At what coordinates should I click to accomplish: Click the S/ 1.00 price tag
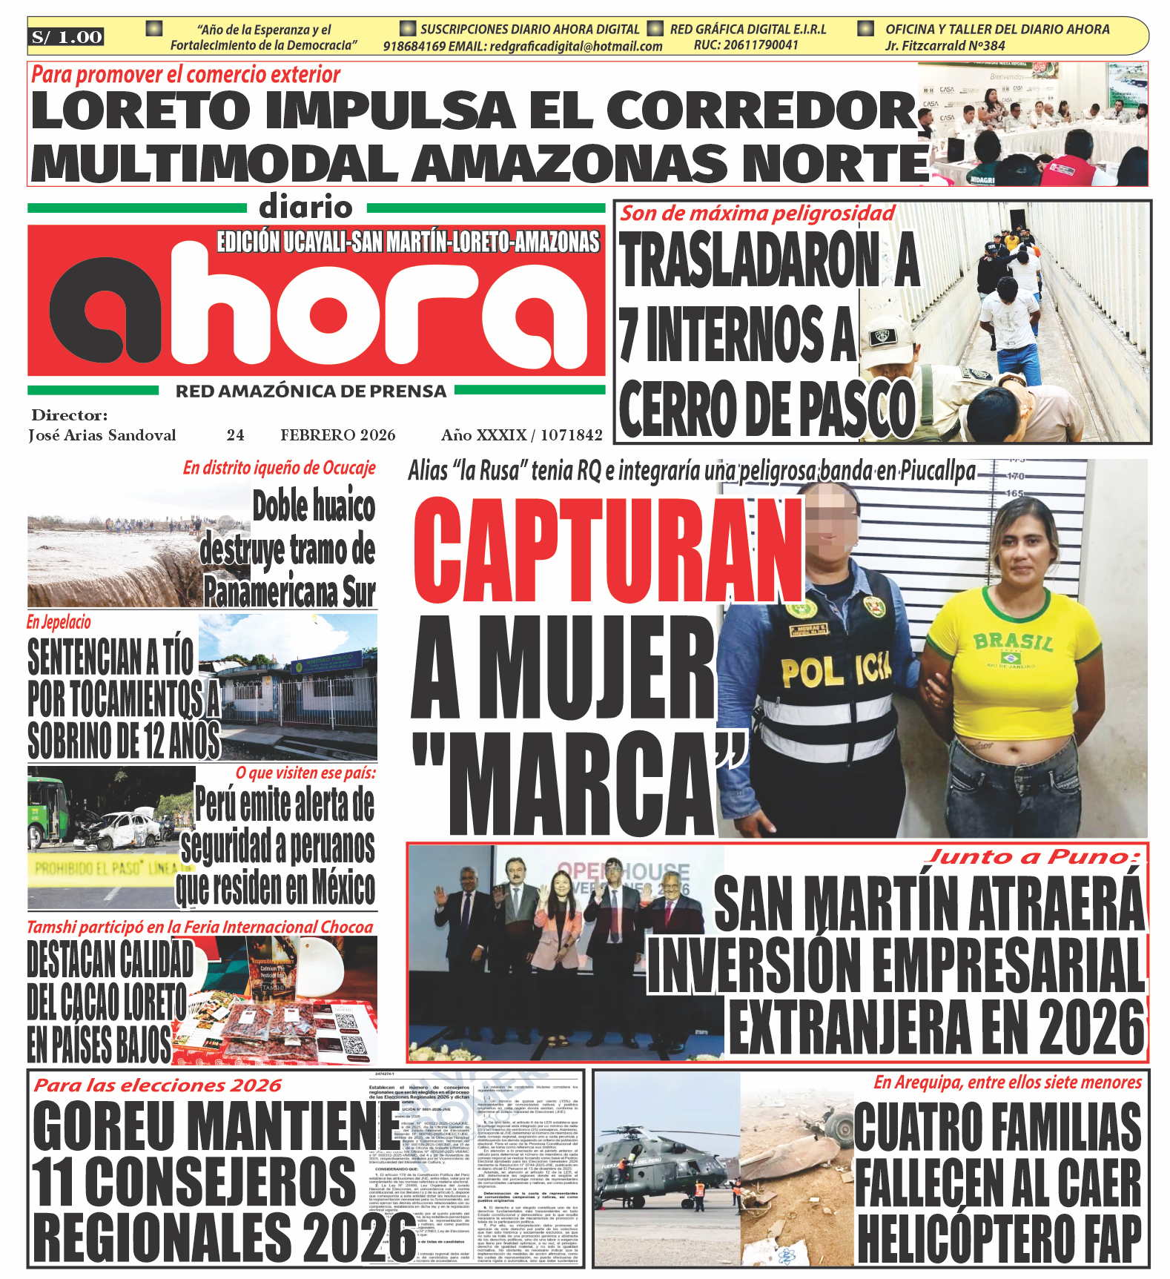pyautogui.click(x=67, y=37)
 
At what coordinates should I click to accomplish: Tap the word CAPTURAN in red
pyautogui.click(x=608, y=549)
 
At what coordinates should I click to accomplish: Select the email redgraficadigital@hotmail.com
pyautogui.click(x=576, y=46)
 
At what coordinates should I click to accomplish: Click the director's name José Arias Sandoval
pyautogui.click(x=102, y=435)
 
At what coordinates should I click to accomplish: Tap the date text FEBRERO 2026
pyautogui.click(x=337, y=435)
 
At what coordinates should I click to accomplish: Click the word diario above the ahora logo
pyautogui.click(x=305, y=208)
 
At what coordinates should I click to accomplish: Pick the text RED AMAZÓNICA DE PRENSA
pyautogui.click(x=311, y=391)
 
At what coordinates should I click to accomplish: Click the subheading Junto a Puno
pyautogui.click(x=1034, y=857)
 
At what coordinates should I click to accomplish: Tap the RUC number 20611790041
pyautogui.click(x=746, y=45)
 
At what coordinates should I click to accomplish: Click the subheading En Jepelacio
pyautogui.click(x=59, y=622)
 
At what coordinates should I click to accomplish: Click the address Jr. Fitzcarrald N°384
pyautogui.click(x=945, y=45)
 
